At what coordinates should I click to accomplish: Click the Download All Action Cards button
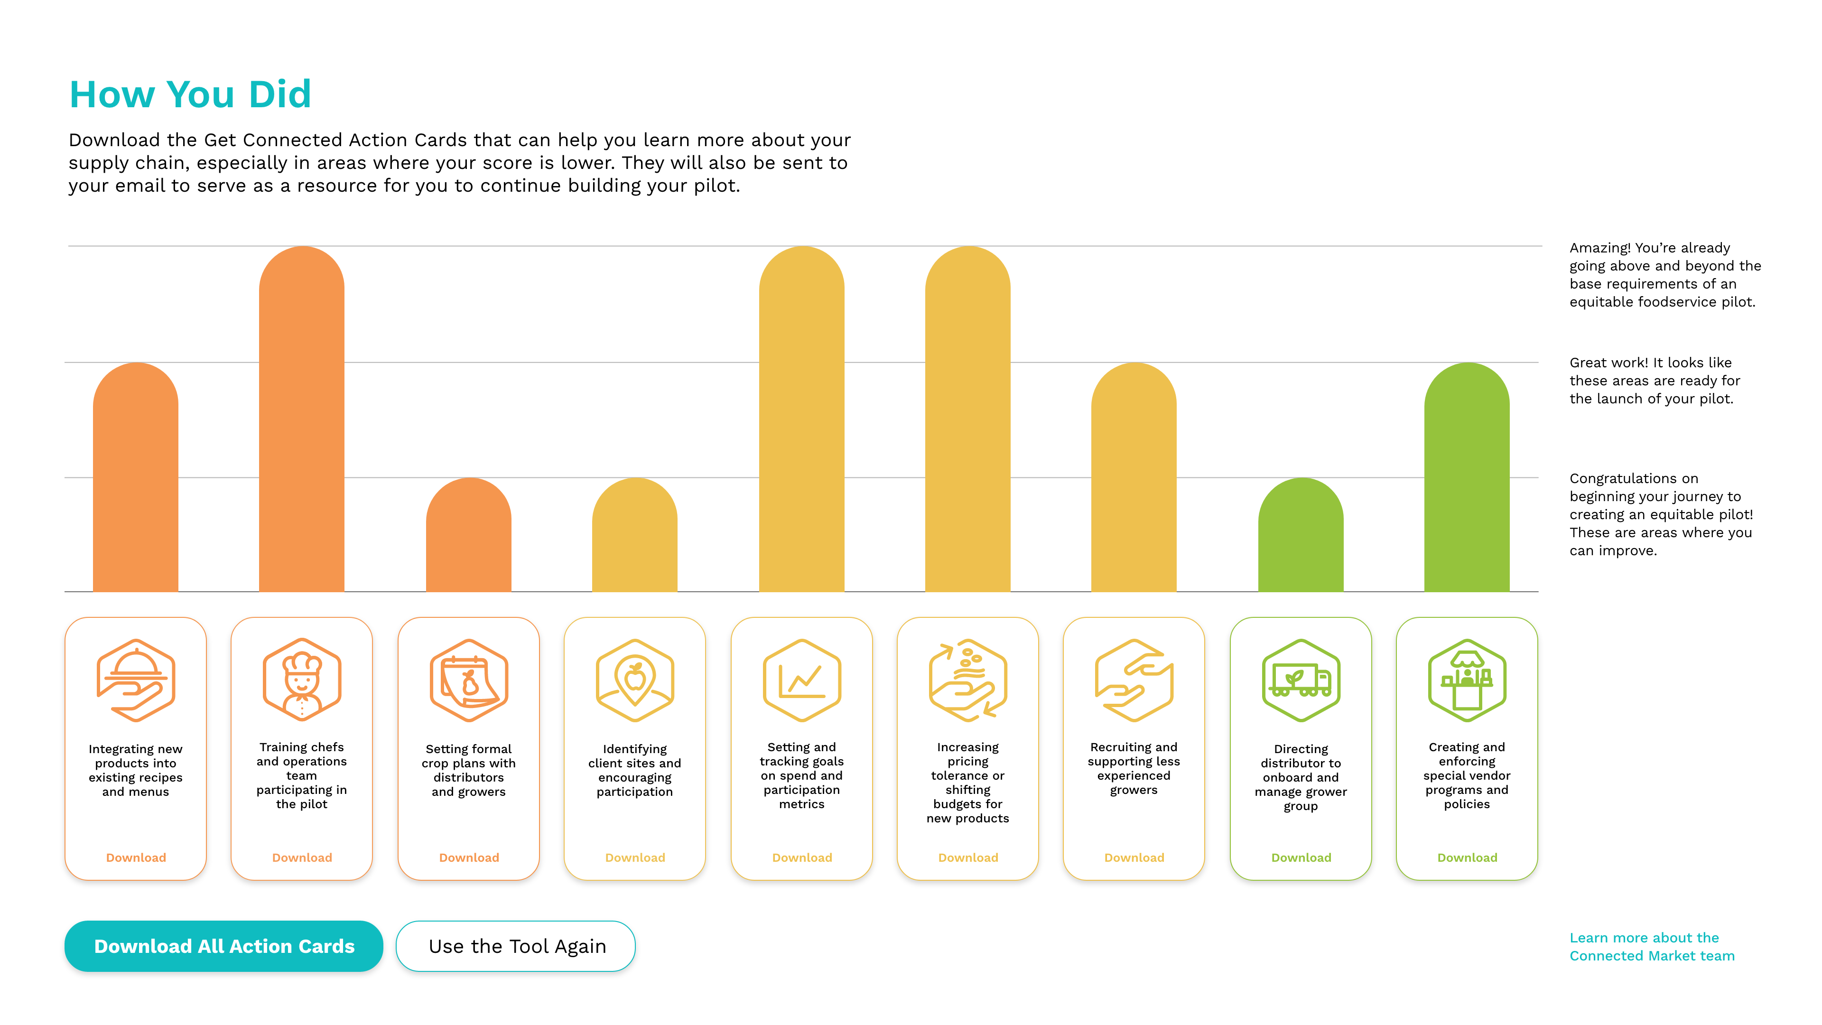(223, 946)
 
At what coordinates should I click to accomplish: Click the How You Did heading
(190, 94)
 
